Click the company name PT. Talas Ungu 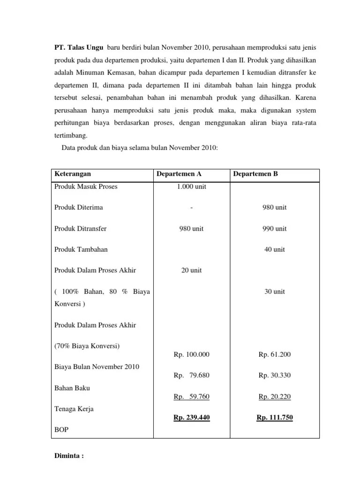coord(77,47)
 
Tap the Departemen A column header coord(179,174)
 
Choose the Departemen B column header coord(255,174)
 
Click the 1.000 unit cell coord(191,187)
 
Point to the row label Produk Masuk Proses coord(86,187)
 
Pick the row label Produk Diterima coord(79,207)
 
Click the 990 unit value coord(274,229)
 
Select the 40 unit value coord(274,249)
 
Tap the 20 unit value coord(191,270)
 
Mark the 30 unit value coord(274,291)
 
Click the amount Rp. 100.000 coord(191,354)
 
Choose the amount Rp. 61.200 coord(274,354)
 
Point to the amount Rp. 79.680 coord(191,375)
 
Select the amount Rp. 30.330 coord(274,375)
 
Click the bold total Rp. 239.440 coord(191,418)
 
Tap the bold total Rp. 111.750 coord(274,418)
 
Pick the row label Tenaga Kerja coord(74,409)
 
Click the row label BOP coord(62,429)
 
